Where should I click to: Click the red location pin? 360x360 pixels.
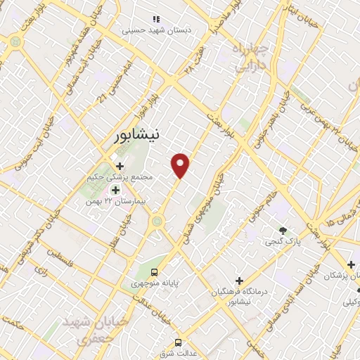(x=181, y=165)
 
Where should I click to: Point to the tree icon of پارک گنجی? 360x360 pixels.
(x=283, y=231)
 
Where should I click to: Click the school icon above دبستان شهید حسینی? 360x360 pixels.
(x=156, y=19)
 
